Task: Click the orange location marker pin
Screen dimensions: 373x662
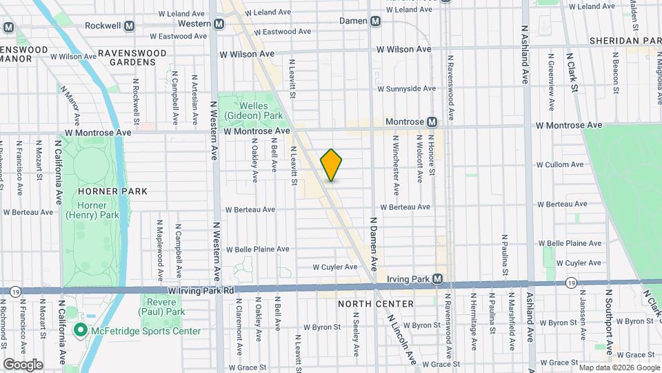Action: [332, 165]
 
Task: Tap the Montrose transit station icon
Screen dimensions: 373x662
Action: [432, 122]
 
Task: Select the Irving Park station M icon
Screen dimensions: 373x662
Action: [446, 279]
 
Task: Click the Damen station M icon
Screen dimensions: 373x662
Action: [375, 21]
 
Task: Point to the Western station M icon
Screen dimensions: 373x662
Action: [219, 23]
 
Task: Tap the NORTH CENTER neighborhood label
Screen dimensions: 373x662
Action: [376, 304]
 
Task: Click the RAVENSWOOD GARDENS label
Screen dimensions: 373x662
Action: [132, 57]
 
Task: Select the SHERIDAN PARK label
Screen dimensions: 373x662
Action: [624, 41]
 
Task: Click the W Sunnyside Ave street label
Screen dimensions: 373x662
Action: [406, 88]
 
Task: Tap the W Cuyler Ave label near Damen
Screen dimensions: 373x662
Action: [335, 267]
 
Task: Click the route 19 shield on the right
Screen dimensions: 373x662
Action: [571, 283]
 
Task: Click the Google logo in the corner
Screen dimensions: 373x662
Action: [23, 364]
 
